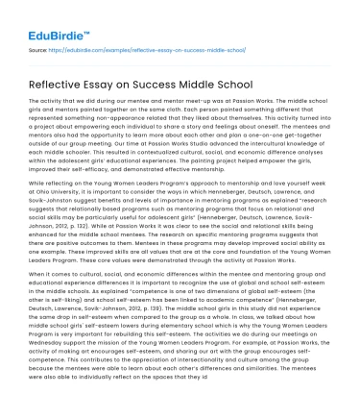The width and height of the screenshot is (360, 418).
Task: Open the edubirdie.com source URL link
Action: click(159, 47)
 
